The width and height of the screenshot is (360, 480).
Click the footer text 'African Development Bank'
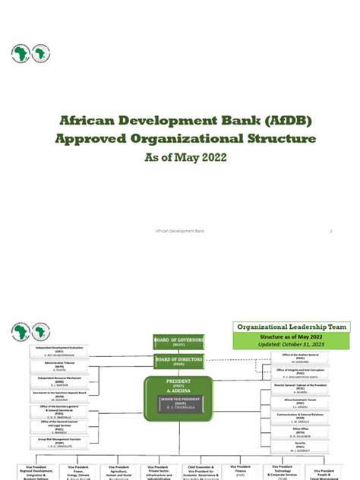click(x=179, y=230)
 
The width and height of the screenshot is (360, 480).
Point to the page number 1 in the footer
click(x=331, y=230)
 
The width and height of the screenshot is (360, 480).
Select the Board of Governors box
click(x=178, y=341)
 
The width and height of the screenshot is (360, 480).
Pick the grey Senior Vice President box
click(x=180, y=404)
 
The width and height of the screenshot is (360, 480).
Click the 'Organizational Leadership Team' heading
click(x=292, y=327)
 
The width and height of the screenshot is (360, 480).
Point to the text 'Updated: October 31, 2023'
click(x=292, y=346)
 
